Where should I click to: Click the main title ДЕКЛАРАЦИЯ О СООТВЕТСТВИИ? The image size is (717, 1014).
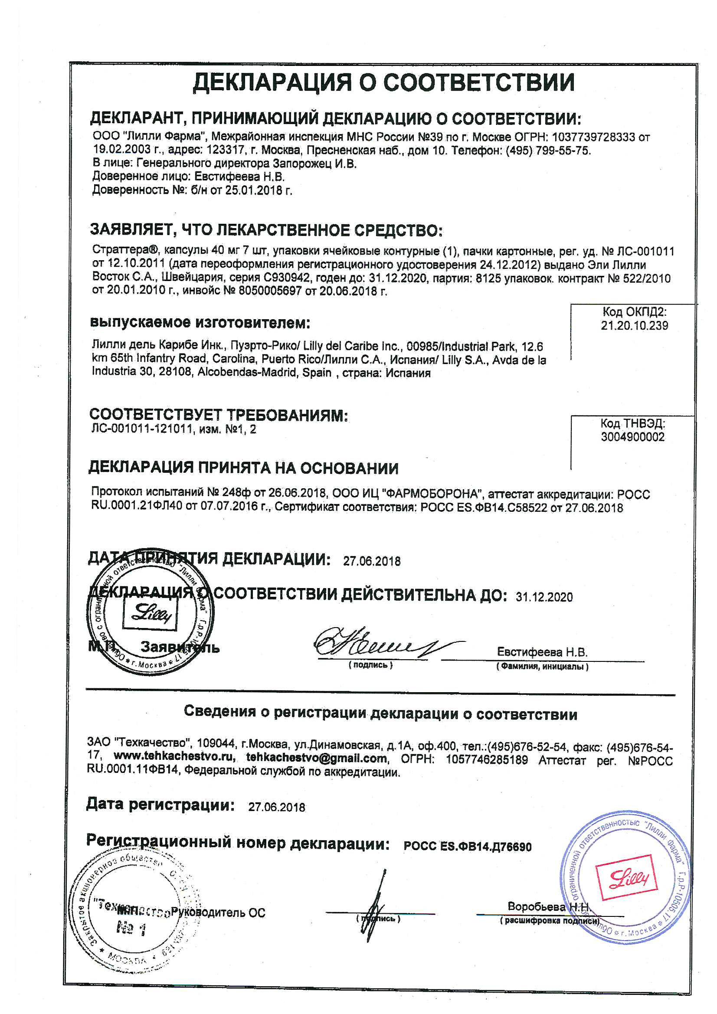(x=383, y=82)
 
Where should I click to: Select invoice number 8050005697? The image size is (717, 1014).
(x=270, y=291)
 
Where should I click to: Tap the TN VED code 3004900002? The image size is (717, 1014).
(x=632, y=437)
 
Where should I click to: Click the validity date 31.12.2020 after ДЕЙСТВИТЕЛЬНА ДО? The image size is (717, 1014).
(x=544, y=597)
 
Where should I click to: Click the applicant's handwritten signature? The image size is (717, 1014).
(x=380, y=642)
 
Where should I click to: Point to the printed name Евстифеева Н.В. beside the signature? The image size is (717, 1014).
(x=542, y=652)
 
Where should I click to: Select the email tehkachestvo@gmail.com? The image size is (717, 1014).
(x=316, y=758)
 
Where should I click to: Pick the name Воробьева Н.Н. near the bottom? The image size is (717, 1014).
(x=548, y=907)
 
